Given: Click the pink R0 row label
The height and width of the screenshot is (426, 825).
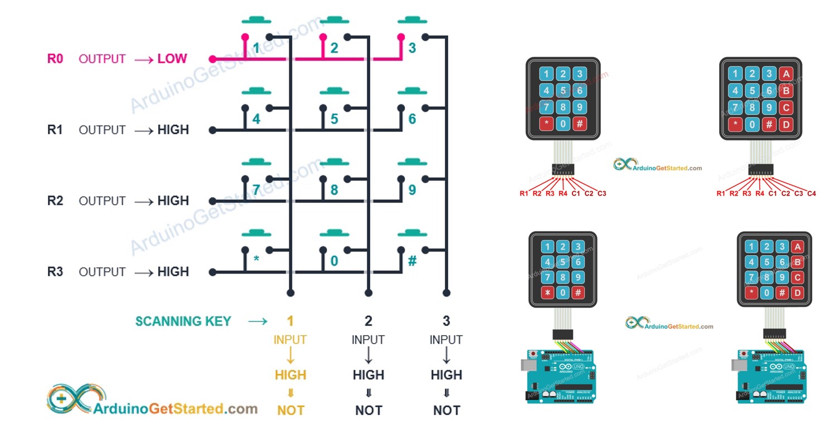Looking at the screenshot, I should (55, 59).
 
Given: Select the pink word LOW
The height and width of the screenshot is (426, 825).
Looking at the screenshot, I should (172, 59).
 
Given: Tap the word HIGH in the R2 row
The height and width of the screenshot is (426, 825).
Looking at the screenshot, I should (173, 200).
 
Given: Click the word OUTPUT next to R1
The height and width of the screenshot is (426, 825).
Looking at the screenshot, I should (102, 130).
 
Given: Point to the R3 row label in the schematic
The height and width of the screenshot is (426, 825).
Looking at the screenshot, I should (55, 272).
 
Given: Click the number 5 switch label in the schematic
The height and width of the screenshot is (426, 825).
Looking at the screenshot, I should (334, 119).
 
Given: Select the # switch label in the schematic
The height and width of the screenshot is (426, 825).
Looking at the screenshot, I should (412, 261).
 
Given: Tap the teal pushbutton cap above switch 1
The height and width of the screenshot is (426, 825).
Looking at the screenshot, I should (256, 21).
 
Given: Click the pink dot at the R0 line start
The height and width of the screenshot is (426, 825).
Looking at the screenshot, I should (212, 59).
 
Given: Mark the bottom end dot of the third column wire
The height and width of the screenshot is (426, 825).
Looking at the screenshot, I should (446, 293).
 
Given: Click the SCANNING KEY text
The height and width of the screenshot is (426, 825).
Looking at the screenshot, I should (183, 321).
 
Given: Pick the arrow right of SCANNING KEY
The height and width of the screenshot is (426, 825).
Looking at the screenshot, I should (258, 321).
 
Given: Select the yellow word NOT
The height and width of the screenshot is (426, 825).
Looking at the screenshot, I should (290, 410).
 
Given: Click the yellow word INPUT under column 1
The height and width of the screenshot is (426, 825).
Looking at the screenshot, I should (290, 339).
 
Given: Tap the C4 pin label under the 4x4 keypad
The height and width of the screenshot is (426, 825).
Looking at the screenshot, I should (811, 193).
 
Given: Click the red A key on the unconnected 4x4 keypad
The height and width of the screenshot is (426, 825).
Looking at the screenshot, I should (786, 74).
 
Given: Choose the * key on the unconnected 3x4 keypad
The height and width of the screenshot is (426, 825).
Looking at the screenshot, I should (546, 124).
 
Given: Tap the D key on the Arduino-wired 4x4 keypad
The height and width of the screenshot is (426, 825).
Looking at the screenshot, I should (798, 293).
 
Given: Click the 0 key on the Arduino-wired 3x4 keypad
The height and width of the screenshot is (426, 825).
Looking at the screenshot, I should (563, 292).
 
